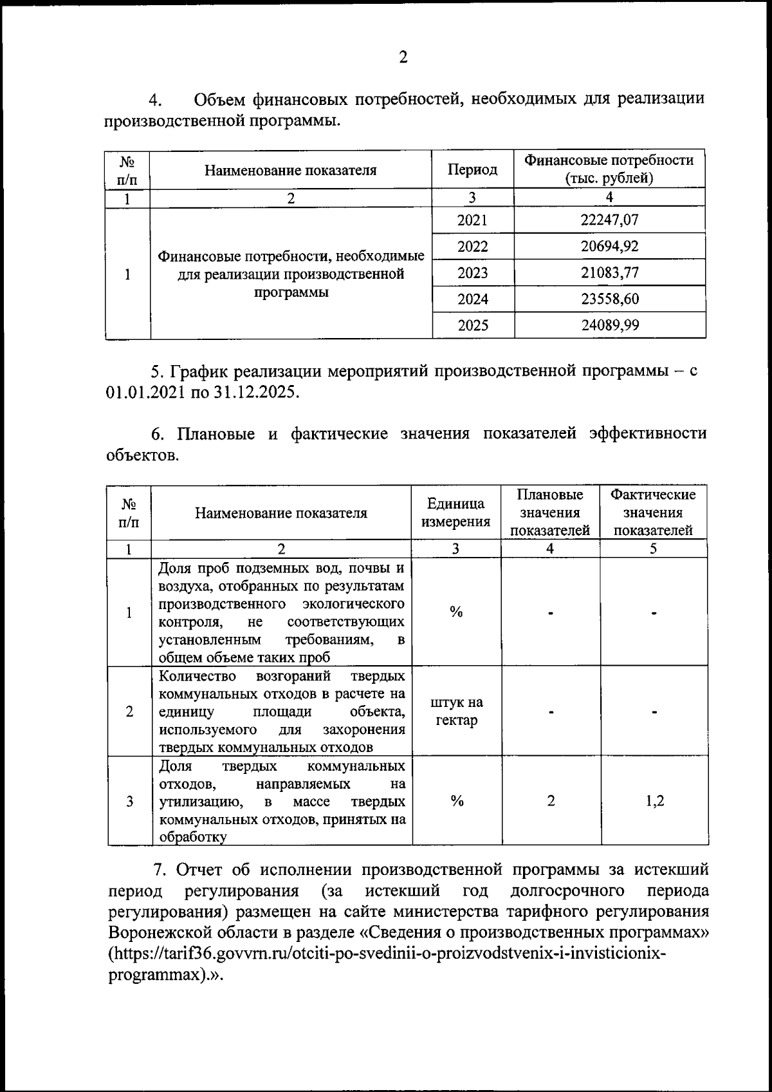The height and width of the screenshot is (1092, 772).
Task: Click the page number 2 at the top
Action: click(403, 58)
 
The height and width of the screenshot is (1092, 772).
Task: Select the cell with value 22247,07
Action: click(609, 220)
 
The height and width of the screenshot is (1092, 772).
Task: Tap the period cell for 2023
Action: click(472, 273)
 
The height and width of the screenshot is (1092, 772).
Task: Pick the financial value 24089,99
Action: click(609, 326)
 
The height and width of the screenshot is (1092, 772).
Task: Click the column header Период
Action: click(472, 170)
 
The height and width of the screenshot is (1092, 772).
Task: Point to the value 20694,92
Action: click(609, 247)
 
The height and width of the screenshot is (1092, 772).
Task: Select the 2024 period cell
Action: click(472, 299)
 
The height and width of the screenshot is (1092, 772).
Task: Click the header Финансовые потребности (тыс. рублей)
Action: click(609, 169)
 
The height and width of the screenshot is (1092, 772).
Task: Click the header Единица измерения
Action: click(455, 513)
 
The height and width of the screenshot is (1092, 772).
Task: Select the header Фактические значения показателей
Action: click(652, 513)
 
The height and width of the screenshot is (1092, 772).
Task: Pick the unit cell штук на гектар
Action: click(456, 711)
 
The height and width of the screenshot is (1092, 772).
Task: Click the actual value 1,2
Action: click(654, 801)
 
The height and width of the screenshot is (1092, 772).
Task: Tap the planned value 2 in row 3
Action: click(551, 801)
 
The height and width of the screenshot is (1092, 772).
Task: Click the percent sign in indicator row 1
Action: click(456, 612)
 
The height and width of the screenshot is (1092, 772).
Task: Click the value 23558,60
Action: click(609, 299)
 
